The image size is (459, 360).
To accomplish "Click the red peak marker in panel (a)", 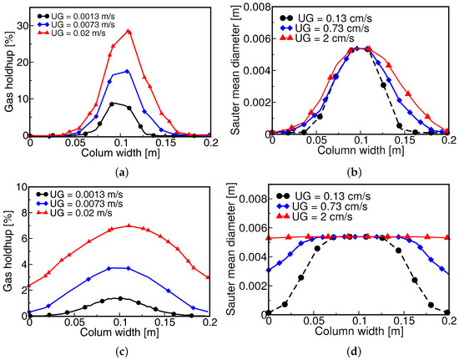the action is pyautogui.click(x=129, y=32).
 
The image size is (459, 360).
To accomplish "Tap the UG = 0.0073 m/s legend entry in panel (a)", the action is pyautogui.click(x=76, y=24).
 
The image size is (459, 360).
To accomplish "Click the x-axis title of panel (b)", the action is pyautogui.click(x=361, y=150).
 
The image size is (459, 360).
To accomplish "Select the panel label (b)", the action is pyautogui.click(x=354, y=173).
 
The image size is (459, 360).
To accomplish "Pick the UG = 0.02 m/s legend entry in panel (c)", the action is pyautogui.click(x=74, y=213).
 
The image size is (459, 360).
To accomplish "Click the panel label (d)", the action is pyautogui.click(x=354, y=351).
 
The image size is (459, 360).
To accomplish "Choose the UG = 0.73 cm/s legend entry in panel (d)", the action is pyautogui.click(x=321, y=206).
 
